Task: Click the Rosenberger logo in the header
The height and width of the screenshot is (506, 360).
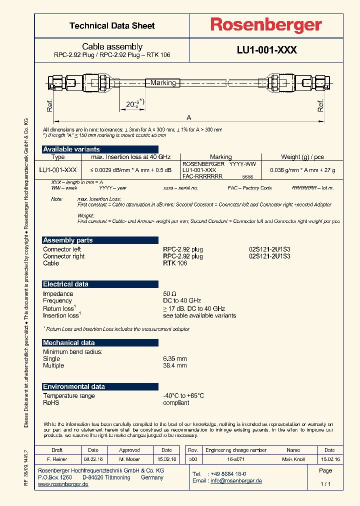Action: click(265, 25)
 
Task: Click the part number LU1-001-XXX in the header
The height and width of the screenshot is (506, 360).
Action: click(267, 50)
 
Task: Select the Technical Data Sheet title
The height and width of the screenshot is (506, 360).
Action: click(112, 25)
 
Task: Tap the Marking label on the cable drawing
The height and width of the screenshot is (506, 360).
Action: click(163, 82)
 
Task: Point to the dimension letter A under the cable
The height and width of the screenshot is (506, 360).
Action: click(188, 117)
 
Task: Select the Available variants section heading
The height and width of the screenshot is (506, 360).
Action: click(71, 149)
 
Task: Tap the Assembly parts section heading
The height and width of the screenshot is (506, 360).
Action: click(67, 240)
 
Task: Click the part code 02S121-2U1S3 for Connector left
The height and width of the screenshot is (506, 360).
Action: click(269, 249)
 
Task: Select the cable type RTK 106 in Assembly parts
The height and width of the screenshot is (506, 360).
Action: click(175, 263)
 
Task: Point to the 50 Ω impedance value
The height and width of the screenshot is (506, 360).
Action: click(170, 294)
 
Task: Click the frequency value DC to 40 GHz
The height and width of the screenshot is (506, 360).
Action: click(182, 300)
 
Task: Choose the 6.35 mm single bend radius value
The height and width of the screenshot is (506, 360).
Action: click(175, 358)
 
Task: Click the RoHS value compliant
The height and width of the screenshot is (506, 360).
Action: click(176, 402)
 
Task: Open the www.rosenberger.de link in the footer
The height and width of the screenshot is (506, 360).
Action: click(63, 484)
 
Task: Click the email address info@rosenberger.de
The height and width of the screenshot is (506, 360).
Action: click(236, 480)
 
